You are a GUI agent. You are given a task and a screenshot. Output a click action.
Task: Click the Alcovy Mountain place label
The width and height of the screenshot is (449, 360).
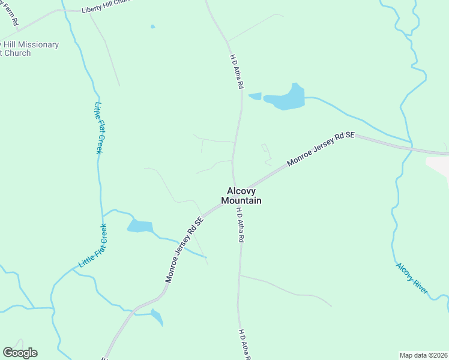pos(241,196)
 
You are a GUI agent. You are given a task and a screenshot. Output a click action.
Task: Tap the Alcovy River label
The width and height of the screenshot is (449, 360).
pos(412,278)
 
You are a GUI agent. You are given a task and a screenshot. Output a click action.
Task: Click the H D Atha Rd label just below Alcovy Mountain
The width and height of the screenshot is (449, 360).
pos(240,224)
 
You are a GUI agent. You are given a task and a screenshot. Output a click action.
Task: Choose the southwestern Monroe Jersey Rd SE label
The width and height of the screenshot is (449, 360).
pos(185,250)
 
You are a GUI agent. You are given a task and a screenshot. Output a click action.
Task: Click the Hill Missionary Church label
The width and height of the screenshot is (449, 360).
pos(30,49)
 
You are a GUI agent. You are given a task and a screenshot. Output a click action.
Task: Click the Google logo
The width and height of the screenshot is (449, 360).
pos(20,353)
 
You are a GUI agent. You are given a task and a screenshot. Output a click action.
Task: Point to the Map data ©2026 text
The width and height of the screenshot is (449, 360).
pos(423,355)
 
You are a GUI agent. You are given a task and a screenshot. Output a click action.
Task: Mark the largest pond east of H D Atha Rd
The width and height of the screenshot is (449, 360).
pos(285,100)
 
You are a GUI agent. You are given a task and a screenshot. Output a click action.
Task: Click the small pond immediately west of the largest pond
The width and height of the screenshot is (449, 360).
pos(255,96)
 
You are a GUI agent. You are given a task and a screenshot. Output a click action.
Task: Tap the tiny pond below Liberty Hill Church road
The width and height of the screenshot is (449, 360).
pos(152,26)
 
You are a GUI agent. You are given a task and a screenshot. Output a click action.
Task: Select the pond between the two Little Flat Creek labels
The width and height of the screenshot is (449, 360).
pos(140,226)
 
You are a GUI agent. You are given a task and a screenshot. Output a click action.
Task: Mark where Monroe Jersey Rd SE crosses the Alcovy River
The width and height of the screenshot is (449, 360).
pos(412,148)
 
